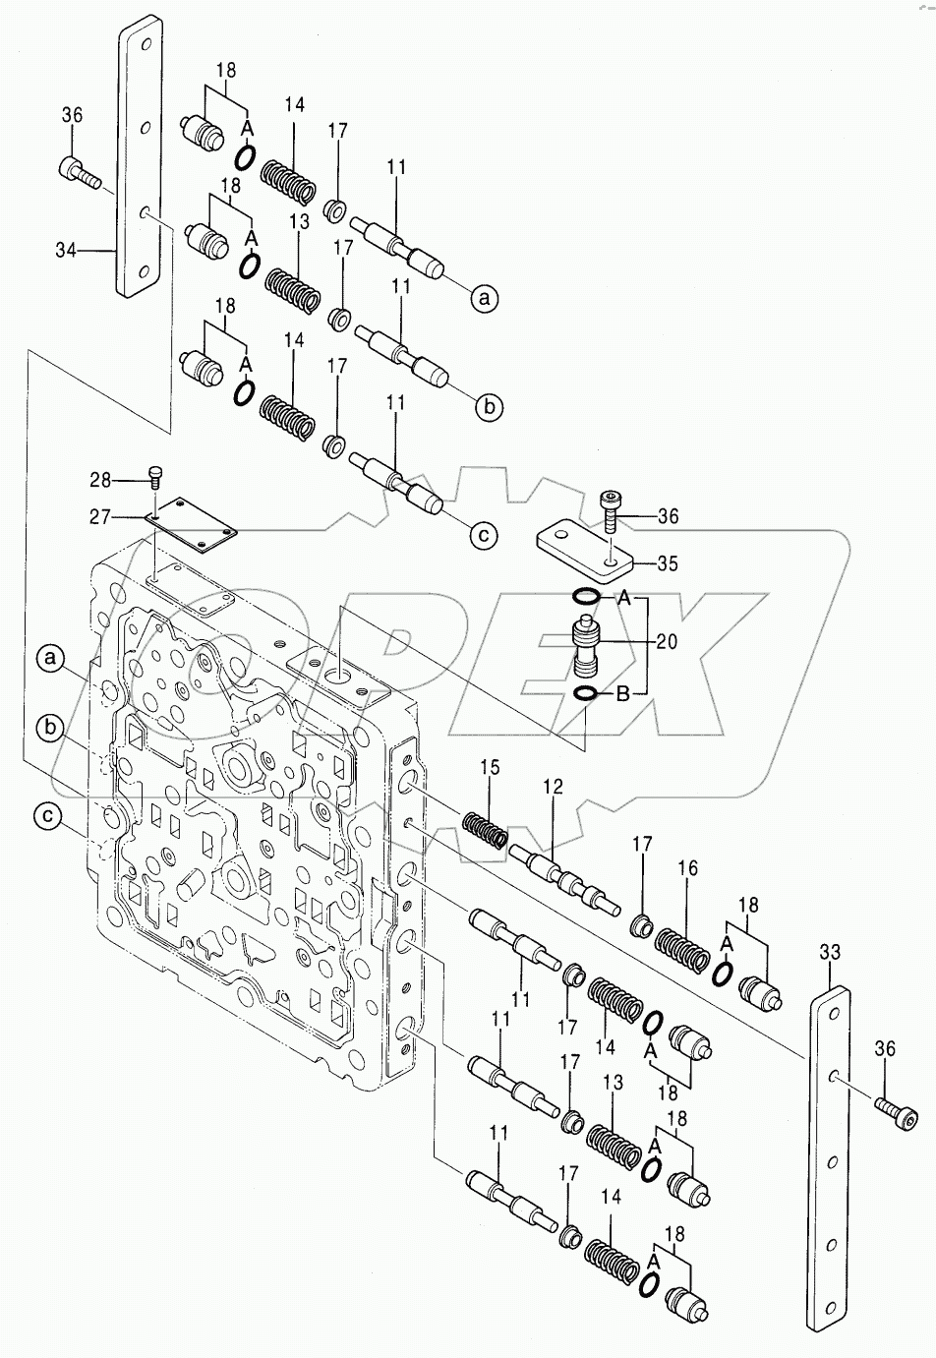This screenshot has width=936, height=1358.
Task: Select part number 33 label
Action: pos(830,952)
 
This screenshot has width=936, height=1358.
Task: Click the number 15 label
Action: pos(491,765)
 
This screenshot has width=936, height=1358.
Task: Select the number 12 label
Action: pos(552,787)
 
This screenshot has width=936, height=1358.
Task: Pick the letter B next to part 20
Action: pos(621,694)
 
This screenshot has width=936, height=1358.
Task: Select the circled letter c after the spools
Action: pos(483,535)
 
